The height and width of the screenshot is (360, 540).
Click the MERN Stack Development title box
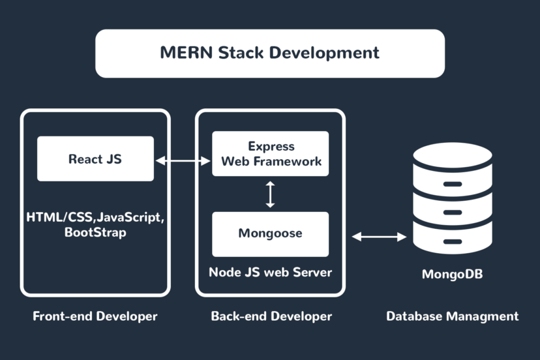pos(270,53)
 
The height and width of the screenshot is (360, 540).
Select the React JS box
pos(95,158)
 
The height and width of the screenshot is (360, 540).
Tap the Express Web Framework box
pos(271,154)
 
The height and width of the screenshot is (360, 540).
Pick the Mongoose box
pos(271,233)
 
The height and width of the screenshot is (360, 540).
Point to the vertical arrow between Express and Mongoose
pos(271,194)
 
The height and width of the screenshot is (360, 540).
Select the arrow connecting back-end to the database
pos(379,237)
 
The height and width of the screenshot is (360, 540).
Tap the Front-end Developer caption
pos(95,316)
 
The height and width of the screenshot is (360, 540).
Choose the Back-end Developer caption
pos(271,316)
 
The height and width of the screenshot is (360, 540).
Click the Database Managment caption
pos(453,316)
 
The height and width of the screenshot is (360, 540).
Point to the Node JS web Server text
pos(270,272)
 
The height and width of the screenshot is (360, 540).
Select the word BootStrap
pos(95,232)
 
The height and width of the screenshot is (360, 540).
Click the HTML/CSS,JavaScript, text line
pos(95,217)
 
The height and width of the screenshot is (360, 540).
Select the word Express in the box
pos(271,146)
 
